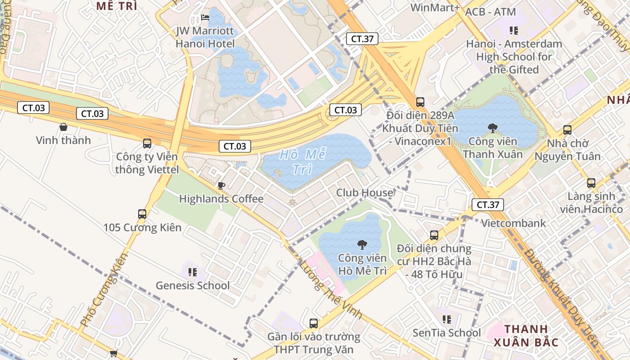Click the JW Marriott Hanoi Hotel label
coord(205,37)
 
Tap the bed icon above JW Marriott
coord(205,18)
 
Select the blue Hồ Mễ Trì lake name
coord(302,162)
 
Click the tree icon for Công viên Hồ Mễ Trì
coord(361,245)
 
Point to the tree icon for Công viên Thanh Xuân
coord(493,128)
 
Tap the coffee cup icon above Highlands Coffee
coord(221,185)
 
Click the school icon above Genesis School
coord(193,272)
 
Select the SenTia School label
coord(447,333)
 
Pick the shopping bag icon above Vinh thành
coord(63,127)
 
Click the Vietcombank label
coord(513,223)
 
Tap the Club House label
coord(364,193)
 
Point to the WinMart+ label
coord(435,8)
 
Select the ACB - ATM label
coord(490,12)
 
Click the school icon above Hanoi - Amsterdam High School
coord(513,31)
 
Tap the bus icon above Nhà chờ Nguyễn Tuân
coord(567,130)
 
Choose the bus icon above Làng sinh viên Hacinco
coord(591,183)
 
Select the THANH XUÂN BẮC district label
coord(526,335)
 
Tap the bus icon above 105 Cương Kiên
coord(142,214)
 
